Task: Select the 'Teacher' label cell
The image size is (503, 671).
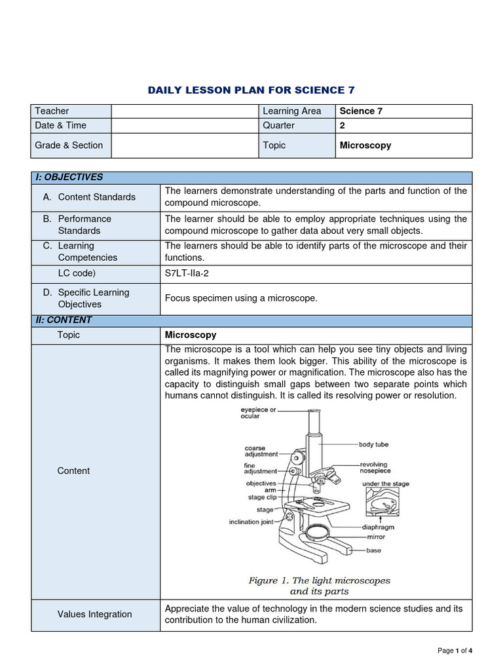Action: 52,111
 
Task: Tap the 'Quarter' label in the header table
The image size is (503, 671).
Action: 278,125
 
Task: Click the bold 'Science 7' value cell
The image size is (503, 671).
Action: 361,111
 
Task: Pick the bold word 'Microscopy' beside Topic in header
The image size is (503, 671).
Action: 365,145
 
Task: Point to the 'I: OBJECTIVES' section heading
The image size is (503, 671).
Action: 69,177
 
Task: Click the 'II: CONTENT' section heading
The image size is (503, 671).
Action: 64,320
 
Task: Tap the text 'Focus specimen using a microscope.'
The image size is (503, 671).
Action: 241,298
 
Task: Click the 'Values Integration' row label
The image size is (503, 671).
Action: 94,614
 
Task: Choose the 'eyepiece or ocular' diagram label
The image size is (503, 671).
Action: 259,413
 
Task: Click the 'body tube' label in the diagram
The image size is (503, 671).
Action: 373,444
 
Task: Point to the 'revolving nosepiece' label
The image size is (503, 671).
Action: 375,467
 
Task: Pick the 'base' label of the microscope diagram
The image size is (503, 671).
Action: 373,550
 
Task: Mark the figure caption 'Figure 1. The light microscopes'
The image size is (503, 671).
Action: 319,581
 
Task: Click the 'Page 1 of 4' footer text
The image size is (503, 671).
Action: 455,651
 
